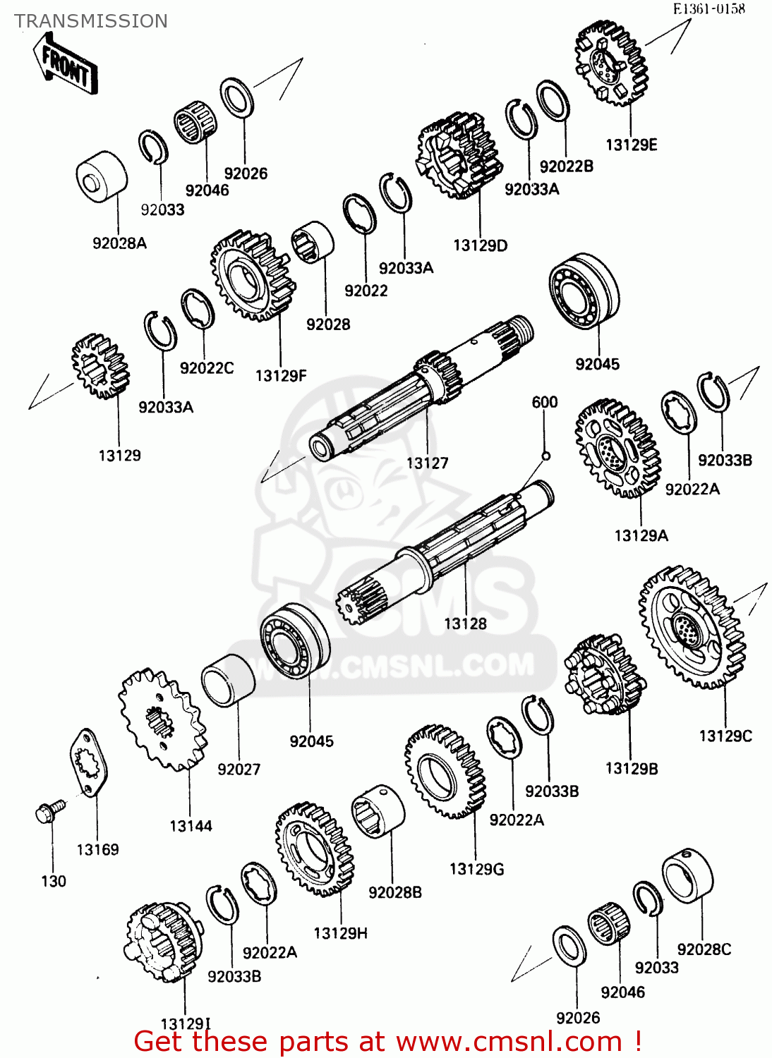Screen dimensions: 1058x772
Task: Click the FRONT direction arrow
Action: tap(65, 65)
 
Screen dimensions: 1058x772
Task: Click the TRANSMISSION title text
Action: tap(91, 21)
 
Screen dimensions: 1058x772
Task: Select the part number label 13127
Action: tap(427, 463)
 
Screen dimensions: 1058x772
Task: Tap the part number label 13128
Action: tap(465, 624)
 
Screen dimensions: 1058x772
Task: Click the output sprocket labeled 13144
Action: tap(162, 720)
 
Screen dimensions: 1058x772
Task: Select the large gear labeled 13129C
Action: tap(692, 627)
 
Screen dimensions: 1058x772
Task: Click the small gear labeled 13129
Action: tap(100, 366)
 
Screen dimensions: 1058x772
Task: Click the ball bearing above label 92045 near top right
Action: tap(584, 291)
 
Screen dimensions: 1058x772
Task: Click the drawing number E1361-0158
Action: tap(708, 9)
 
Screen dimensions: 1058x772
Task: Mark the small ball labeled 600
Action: tap(545, 456)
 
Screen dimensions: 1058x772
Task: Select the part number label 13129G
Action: tap(476, 869)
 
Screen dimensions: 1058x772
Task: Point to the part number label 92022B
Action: tap(566, 166)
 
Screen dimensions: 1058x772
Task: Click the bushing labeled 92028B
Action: tap(378, 810)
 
